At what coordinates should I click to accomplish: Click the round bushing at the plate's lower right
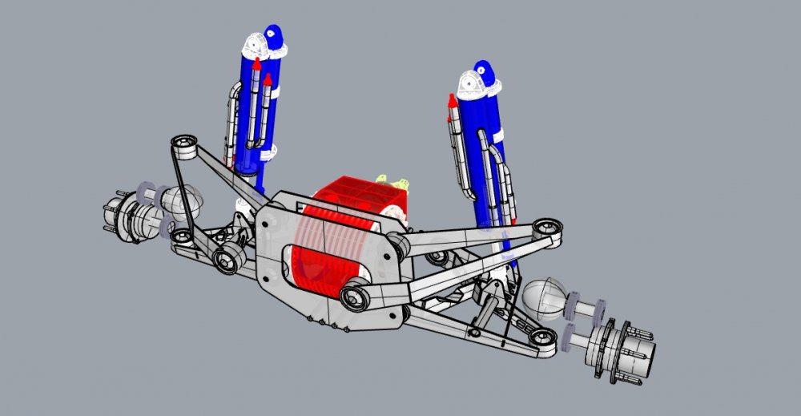coord(353,297)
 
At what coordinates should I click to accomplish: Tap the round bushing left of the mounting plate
coord(227,258)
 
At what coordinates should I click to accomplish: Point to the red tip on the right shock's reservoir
coord(452,103)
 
